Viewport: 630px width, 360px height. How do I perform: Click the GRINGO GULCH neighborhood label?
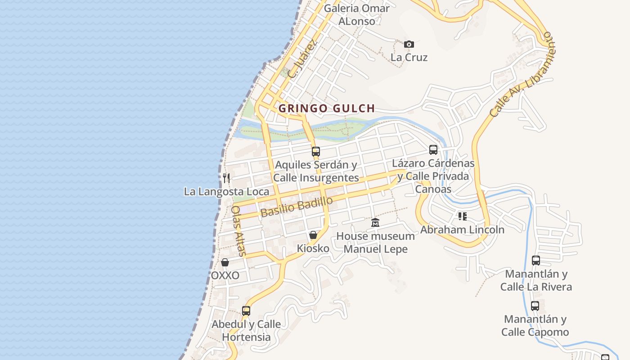[327, 108]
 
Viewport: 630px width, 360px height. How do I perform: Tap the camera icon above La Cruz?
[409, 44]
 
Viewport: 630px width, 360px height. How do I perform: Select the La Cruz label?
[409, 58]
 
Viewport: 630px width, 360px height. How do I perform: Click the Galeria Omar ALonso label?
[356, 14]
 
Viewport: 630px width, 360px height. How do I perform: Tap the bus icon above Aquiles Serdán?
[315, 151]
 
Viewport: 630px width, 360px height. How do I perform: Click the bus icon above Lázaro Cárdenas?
[433, 150]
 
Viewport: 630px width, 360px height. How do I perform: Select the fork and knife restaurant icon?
[226, 178]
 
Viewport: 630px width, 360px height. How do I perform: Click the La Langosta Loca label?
[226, 192]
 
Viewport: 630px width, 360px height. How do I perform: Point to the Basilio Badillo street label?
[297, 207]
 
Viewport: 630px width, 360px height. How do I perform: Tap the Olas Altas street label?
[238, 231]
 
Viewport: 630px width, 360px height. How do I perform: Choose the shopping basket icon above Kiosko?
[313, 235]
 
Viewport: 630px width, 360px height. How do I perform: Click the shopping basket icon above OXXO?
[225, 262]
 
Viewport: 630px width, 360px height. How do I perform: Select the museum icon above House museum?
[375, 223]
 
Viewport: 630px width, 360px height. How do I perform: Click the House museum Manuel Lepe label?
[375, 243]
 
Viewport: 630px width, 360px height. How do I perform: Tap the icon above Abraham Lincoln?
[462, 216]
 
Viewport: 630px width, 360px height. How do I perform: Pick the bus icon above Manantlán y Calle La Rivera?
[535, 260]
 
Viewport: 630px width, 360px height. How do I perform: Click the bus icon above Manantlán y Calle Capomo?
[535, 306]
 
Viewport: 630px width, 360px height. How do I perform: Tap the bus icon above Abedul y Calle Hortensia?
[246, 310]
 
